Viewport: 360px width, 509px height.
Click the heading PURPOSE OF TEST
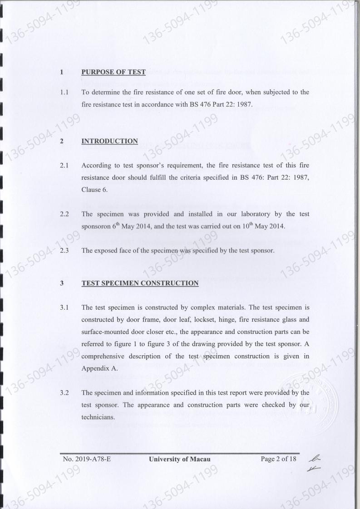click(x=113, y=72)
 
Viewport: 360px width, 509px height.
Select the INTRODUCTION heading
click(x=109, y=141)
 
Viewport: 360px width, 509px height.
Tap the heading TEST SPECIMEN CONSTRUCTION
click(x=140, y=283)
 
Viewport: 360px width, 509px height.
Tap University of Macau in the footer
click(x=180, y=459)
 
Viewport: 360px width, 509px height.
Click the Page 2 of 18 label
click(x=278, y=459)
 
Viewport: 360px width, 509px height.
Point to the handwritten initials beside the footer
click(x=312, y=464)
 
